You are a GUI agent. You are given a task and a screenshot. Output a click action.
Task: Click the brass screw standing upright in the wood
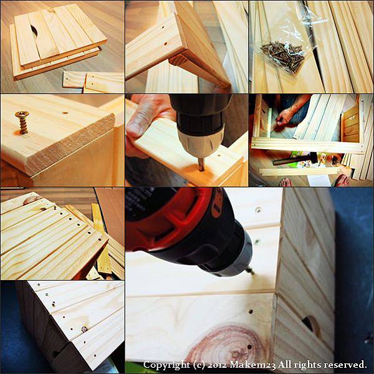click(22, 122)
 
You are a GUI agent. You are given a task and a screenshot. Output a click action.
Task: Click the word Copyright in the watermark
click(166, 365)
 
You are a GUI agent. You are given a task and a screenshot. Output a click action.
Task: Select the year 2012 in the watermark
click(217, 365)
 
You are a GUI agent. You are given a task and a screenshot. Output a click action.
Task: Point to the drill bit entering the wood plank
click(201, 165)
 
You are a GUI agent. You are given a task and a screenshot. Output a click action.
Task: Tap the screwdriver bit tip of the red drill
click(250, 271)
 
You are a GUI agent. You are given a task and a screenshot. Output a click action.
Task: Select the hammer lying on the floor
click(295, 158)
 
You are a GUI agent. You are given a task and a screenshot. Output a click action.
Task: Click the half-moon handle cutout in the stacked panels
click(34, 31)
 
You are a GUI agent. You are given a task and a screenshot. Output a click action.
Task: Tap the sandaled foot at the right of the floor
click(342, 180)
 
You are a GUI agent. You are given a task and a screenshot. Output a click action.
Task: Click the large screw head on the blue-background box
click(84, 329)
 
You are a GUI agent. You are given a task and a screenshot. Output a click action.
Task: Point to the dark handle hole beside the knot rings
click(310, 324)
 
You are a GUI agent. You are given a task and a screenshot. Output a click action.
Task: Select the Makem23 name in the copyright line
click(252, 365)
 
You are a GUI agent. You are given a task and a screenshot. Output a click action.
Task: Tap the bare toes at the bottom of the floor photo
click(285, 183)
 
